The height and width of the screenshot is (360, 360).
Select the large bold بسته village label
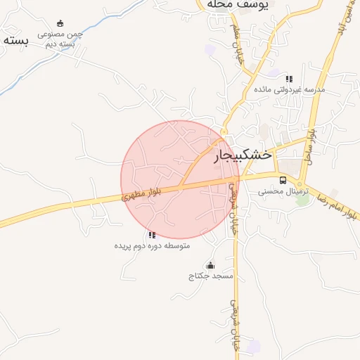click(x=15, y=40)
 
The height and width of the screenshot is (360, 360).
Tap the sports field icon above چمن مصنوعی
click(x=60, y=23)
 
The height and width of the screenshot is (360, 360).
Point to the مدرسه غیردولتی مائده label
click(x=289, y=90)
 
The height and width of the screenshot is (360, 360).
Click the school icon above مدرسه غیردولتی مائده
click(x=289, y=79)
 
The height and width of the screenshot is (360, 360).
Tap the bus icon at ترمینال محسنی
click(x=283, y=180)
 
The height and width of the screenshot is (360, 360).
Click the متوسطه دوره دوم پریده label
click(x=153, y=246)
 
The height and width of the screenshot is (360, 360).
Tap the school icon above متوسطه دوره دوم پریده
click(x=152, y=235)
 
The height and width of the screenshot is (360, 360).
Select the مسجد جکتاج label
click(x=210, y=276)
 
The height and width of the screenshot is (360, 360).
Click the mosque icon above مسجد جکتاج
click(x=210, y=265)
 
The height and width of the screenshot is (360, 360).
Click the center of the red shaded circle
click(x=180, y=180)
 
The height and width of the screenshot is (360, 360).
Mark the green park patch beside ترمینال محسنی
click(x=303, y=200)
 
